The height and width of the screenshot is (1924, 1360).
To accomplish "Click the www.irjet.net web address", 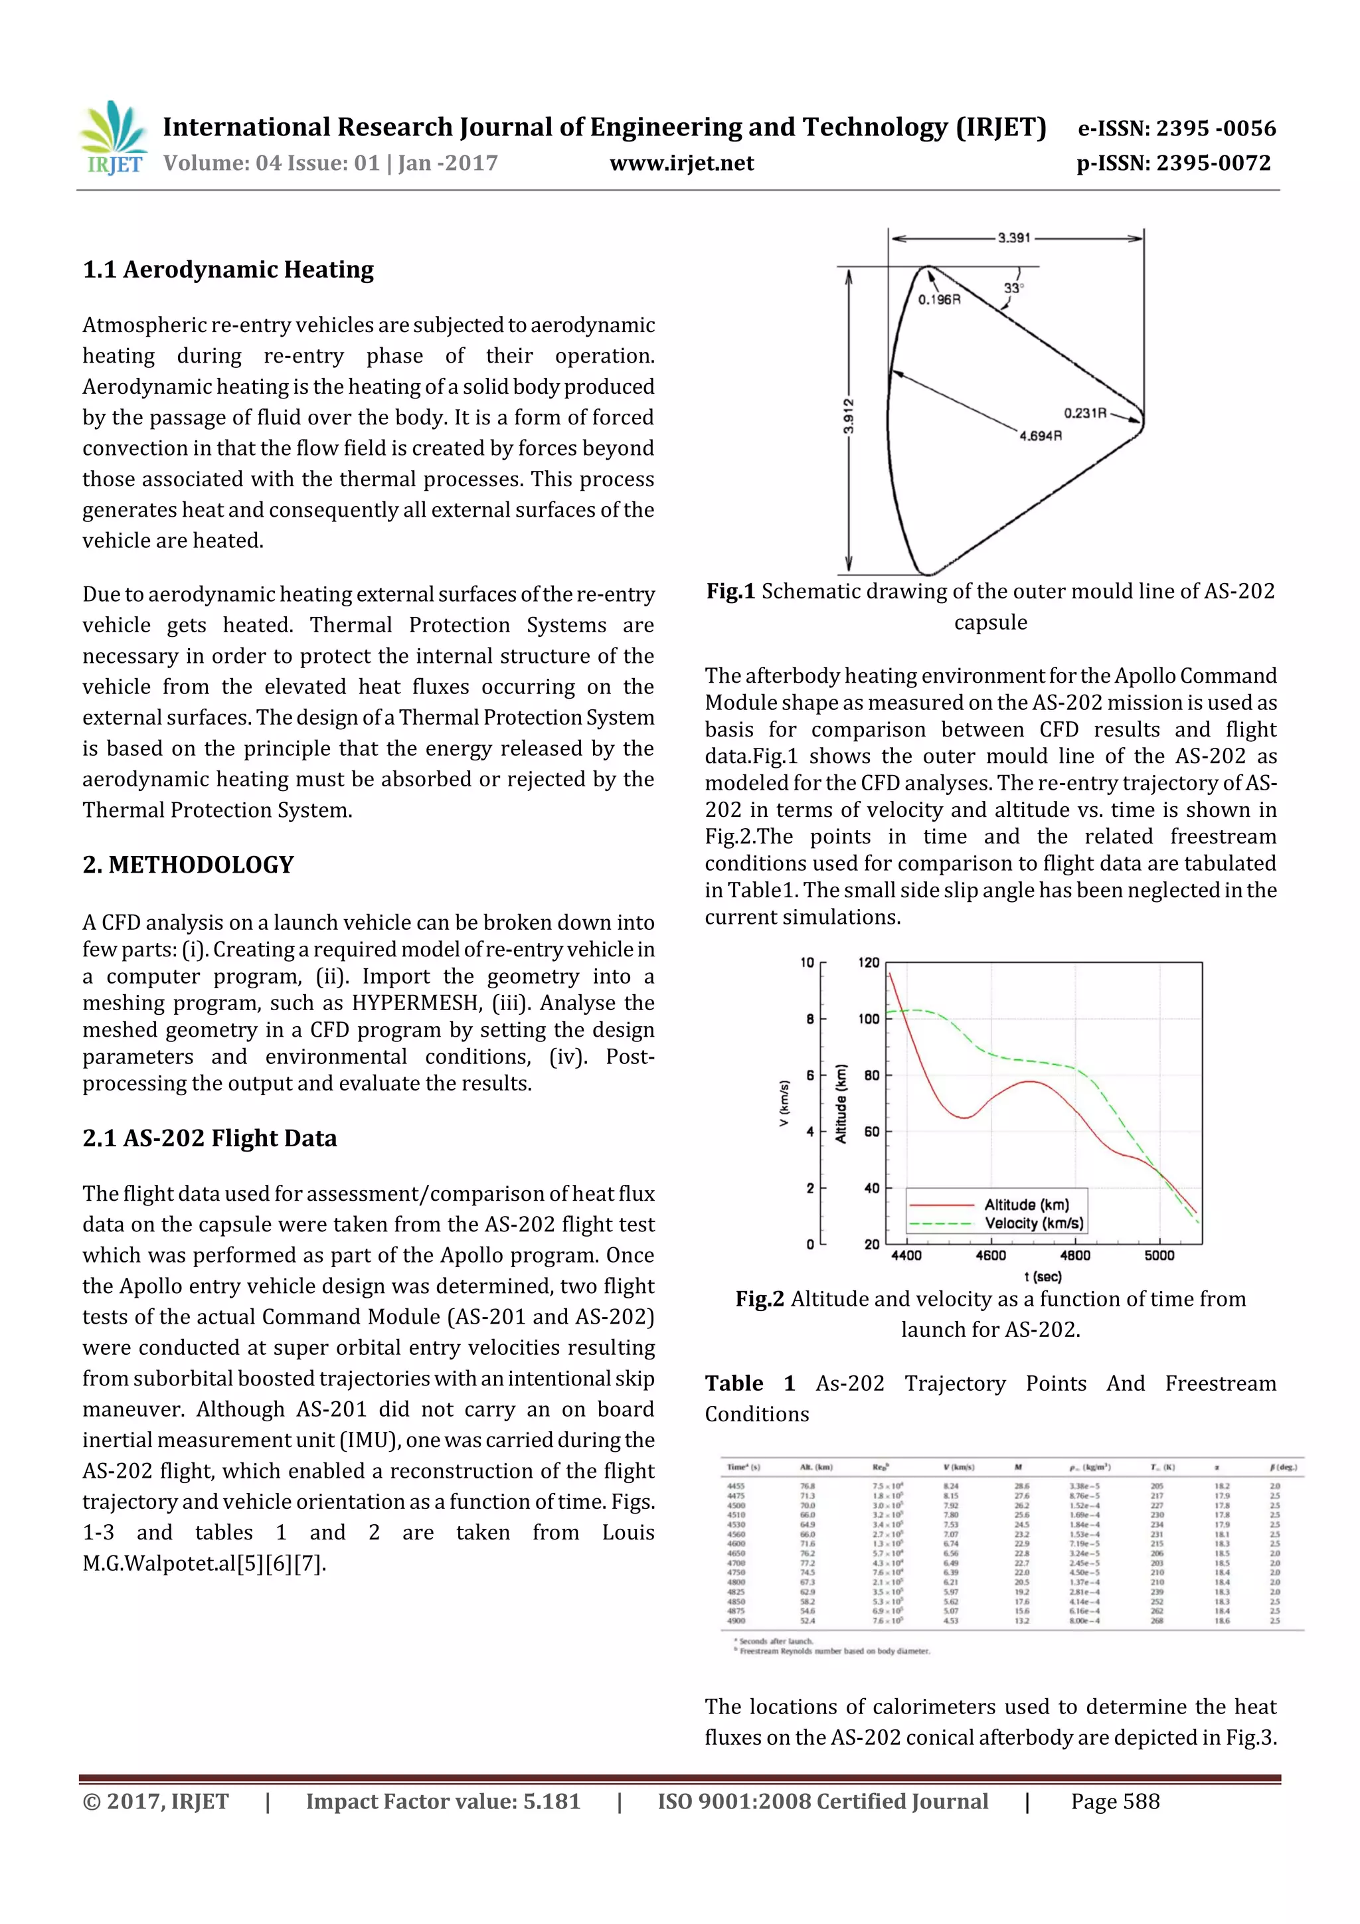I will pyautogui.click(x=681, y=163).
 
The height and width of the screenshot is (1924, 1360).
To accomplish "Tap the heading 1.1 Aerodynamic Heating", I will pyautogui.click(x=228, y=270).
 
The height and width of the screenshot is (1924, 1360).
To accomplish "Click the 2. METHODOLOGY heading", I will pyautogui.click(x=188, y=865).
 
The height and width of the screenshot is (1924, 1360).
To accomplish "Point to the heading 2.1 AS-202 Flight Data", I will pyautogui.click(x=209, y=1138).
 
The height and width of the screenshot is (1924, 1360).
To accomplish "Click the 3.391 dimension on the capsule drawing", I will pyautogui.click(x=1013, y=238).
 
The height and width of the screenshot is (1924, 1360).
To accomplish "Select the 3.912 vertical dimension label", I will pyautogui.click(x=848, y=416).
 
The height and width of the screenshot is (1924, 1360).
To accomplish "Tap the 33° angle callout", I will pyautogui.click(x=1014, y=288).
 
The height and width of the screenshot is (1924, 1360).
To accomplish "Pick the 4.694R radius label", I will pyautogui.click(x=1041, y=436).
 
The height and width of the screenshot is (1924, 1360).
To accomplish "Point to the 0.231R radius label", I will pyautogui.click(x=1085, y=413).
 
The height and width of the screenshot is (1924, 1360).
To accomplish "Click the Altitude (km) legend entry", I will pyautogui.click(x=1027, y=1204).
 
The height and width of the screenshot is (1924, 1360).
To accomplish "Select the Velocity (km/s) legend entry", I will pyautogui.click(x=1033, y=1223).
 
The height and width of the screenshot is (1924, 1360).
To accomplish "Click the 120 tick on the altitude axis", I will pyautogui.click(x=869, y=963).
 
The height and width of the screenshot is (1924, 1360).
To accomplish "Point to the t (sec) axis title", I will pyautogui.click(x=1043, y=1276).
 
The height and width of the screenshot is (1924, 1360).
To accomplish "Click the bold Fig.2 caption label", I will pyautogui.click(x=759, y=1299).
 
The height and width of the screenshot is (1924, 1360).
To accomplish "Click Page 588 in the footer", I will pyautogui.click(x=1114, y=1802).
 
